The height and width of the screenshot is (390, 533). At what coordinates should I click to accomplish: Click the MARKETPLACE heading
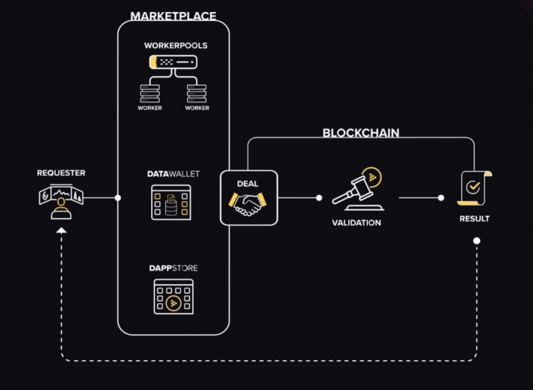click(173, 15)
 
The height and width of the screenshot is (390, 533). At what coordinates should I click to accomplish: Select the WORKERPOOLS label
click(176, 46)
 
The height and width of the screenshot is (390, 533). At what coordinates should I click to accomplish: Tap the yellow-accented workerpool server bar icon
click(173, 63)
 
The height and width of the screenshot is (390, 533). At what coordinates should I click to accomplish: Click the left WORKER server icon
click(150, 93)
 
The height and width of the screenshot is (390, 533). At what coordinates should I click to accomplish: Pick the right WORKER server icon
click(197, 93)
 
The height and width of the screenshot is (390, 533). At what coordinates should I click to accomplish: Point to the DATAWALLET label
click(174, 174)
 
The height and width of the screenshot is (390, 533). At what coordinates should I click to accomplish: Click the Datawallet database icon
click(172, 202)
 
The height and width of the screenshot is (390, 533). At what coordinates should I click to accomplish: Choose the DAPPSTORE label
click(173, 268)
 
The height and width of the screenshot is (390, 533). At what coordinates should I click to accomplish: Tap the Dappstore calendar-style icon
click(174, 297)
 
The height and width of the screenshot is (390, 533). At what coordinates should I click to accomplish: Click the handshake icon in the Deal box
click(248, 204)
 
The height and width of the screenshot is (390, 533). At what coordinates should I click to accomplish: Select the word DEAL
click(248, 184)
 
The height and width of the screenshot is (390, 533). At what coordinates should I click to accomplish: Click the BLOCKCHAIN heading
click(361, 132)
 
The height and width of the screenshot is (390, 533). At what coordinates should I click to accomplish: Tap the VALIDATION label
click(357, 223)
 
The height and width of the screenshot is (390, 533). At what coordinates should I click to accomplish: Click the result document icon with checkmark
click(474, 188)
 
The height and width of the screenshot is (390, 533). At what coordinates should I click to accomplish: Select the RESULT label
click(475, 219)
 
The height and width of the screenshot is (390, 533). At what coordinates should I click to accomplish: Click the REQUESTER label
click(61, 173)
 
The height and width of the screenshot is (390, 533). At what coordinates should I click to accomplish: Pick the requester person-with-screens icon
click(61, 202)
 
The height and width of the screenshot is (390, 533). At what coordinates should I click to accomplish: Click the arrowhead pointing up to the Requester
click(61, 230)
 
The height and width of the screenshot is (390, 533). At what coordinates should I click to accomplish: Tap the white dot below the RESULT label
click(477, 241)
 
